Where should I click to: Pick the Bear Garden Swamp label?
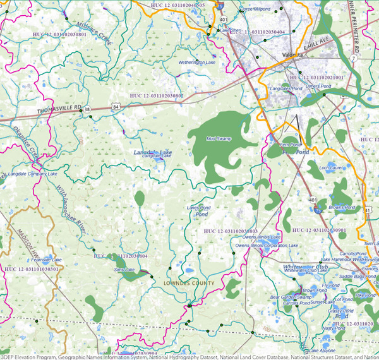click(x=291, y=296)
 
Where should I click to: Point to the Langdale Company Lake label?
click(x=32, y=174)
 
